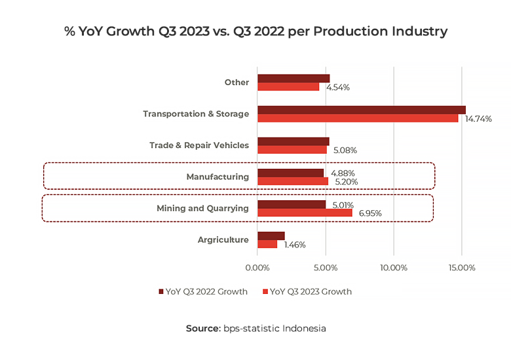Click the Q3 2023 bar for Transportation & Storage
(358, 118)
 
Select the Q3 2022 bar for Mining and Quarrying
(292, 205)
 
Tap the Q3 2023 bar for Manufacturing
(293, 181)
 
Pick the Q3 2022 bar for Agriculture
(271, 236)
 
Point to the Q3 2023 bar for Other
(288, 86)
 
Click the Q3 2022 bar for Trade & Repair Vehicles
(293, 141)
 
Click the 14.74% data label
(478, 119)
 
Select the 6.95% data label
(370, 213)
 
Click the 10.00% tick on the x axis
(393, 268)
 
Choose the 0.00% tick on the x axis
(257, 268)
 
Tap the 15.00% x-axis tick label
(461, 268)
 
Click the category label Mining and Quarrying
(203, 209)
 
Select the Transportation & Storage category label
(196, 114)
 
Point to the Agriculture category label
(223, 240)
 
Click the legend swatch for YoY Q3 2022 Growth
(161, 292)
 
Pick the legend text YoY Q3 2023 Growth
(311, 292)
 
